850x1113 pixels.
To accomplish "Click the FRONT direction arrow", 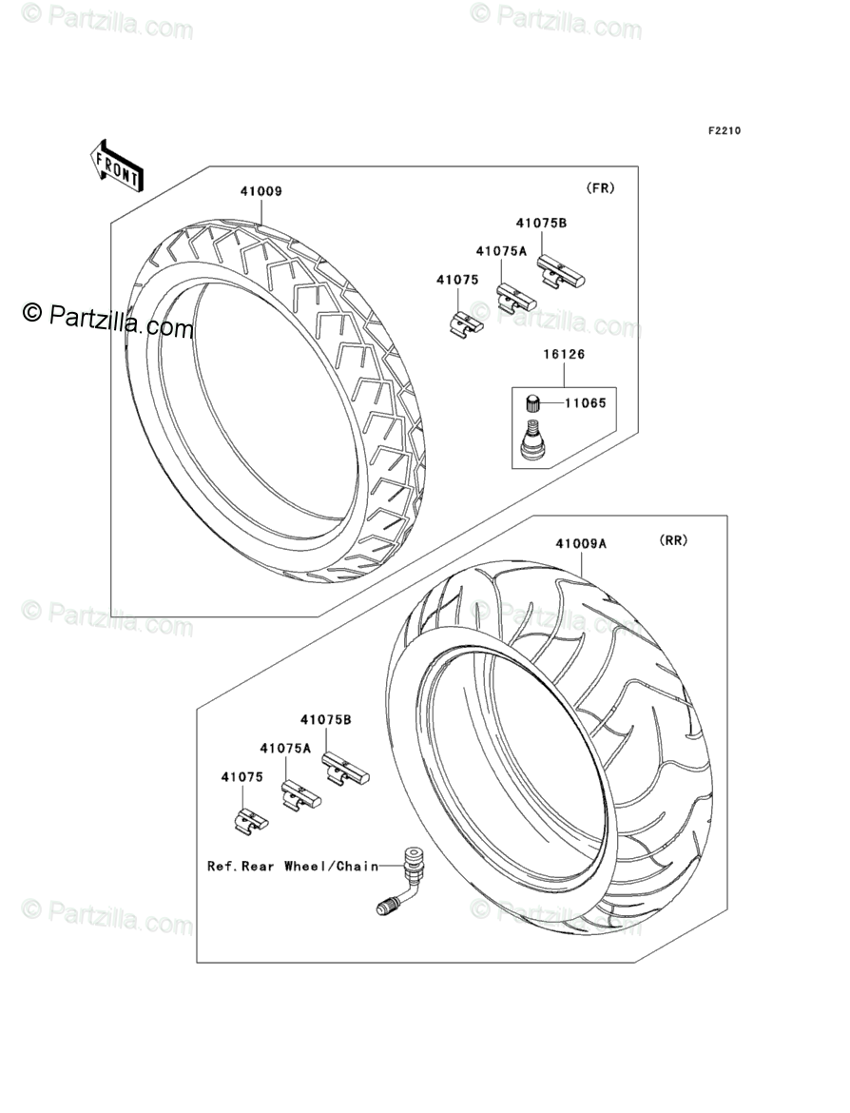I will point(117,166).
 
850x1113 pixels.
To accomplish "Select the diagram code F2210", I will point(723,131).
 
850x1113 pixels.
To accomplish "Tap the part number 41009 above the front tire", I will point(261,191).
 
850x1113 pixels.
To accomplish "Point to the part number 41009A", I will point(582,544).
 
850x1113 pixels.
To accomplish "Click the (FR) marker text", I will point(601,187).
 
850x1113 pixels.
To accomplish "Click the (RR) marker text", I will point(673,540).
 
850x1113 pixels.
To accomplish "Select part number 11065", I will point(585,402).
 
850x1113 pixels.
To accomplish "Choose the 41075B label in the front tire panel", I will point(542,224).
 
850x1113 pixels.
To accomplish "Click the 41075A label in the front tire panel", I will point(501,251).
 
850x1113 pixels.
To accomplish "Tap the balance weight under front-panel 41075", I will point(465,324).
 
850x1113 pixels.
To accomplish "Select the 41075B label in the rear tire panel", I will point(326,720).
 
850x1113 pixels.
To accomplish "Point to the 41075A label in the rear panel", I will point(286,749).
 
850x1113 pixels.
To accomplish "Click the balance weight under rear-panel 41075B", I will point(344,769).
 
